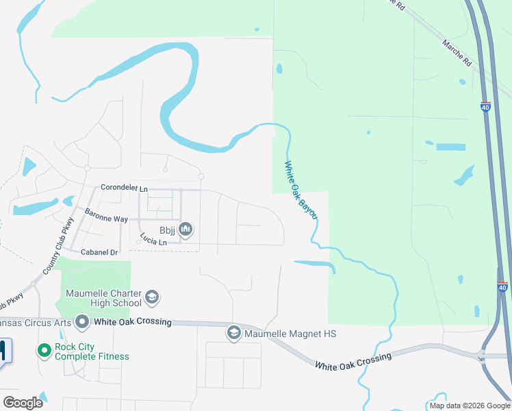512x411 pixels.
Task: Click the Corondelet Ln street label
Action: (124, 188)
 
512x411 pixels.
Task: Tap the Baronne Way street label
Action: (106, 214)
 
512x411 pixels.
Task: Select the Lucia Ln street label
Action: (153, 239)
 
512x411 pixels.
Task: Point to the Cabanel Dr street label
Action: (100, 252)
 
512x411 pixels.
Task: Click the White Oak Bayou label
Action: (301, 190)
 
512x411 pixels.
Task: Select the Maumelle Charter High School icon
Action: (152, 297)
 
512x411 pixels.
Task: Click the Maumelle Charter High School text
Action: (103, 298)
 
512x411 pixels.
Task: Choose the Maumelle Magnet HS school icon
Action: (233, 333)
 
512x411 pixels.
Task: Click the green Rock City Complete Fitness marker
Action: (44, 351)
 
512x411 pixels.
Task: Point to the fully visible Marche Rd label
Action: (457, 53)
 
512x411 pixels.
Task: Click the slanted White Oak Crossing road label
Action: (353, 361)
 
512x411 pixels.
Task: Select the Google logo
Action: (23, 402)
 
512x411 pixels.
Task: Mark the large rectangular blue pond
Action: (450, 147)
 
